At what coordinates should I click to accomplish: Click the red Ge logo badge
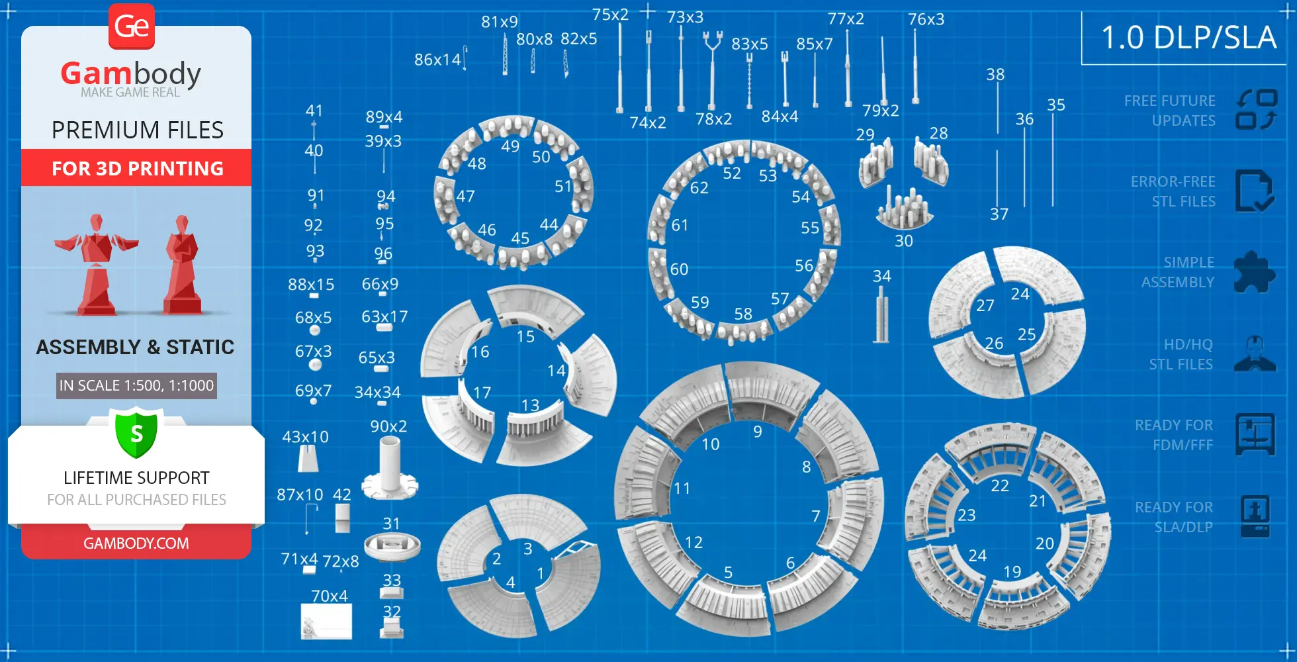(132, 26)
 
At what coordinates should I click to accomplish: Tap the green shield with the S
(136, 434)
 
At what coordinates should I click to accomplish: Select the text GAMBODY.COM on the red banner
(136, 544)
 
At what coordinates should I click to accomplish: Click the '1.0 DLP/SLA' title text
(1188, 38)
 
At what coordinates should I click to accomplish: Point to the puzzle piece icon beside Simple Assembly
(1255, 272)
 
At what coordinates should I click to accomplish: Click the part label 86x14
(437, 60)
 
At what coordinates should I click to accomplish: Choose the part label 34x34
(377, 393)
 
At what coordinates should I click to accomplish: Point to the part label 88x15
(311, 285)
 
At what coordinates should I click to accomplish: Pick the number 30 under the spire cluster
(904, 241)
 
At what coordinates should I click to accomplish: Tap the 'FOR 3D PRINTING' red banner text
(138, 169)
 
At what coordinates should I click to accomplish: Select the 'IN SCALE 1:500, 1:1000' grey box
(136, 385)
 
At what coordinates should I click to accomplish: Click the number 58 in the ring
(743, 314)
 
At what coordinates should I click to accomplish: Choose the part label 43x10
(305, 437)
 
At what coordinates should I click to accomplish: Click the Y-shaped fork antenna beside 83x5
(712, 66)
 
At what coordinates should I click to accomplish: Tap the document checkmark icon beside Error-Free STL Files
(1254, 191)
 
